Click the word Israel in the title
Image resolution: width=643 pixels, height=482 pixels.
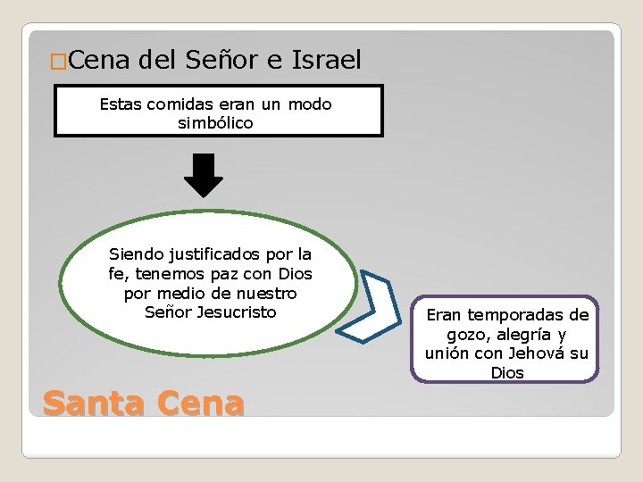[326, 61]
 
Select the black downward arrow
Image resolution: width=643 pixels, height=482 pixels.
[204, 175]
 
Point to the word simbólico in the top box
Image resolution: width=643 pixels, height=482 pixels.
[215, 123]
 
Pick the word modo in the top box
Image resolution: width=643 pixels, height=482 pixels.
[310, 104]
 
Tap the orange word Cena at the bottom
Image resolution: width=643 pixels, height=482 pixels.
[199, 403]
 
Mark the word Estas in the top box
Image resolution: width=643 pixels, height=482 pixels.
[120, 104]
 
